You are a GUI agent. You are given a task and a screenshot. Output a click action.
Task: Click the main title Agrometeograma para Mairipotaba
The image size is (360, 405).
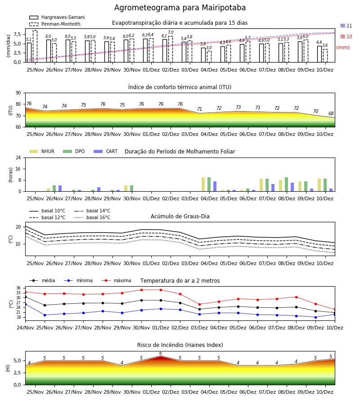coord(180,8)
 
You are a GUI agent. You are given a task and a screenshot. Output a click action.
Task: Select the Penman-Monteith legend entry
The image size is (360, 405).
coord(55,24)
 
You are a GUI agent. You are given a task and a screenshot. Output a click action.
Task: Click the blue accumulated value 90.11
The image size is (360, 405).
coord(346,26)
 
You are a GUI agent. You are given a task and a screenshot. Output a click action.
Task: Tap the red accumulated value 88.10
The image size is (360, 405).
coord(346,37)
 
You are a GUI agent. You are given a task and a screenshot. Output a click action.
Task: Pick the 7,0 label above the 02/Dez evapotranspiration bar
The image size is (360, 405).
coord(171,32)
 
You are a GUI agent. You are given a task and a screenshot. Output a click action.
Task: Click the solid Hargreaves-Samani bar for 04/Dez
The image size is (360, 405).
coord(203,55)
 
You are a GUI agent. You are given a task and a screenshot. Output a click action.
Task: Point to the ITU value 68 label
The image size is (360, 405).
coord(331,113)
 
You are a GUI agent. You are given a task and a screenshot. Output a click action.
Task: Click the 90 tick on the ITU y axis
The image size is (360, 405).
coord(18,93)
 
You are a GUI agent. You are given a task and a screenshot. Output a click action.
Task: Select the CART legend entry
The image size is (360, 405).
coord(106,151)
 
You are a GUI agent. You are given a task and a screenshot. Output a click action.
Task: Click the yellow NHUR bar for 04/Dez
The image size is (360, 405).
coord(203,184)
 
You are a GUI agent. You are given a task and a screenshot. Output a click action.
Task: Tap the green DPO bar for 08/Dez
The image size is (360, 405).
coord(286,184)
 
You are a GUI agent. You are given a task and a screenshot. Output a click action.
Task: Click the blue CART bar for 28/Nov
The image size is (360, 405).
coord(99,189)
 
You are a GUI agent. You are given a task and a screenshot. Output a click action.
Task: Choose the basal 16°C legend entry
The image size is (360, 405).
coord(92,217)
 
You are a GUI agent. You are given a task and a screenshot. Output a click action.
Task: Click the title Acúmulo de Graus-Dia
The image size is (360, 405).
coord(180,216)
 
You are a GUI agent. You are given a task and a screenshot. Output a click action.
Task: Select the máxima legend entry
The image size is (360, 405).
coord(116,280)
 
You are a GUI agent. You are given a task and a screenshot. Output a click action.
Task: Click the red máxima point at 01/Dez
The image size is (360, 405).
coord(161,290)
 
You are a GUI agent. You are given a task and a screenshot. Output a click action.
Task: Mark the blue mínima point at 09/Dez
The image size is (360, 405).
coord(315,317)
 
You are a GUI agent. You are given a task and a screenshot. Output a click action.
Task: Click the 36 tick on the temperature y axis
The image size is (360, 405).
coord(18,288)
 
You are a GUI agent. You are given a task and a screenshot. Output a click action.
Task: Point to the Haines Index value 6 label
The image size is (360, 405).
coord(161,353)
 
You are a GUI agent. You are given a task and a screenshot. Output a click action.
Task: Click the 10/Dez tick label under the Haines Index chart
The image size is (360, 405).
coord(325,392)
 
